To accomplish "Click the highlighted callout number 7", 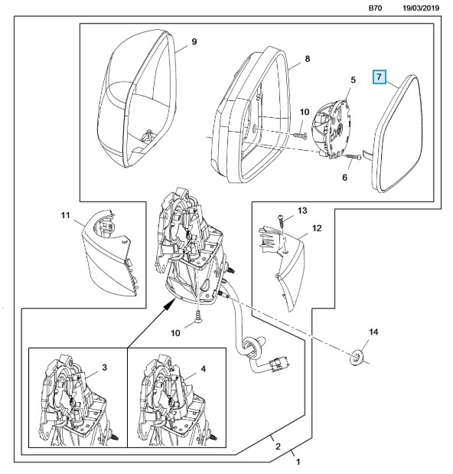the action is click(x=380, y=77).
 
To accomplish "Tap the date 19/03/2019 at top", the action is click(x=421, y=8).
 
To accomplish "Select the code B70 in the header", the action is click(x=376, y=8).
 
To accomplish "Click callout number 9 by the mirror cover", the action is click(x=194, y=41).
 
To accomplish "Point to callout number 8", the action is click(x=307, y=59).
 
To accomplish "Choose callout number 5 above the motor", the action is click(x=353, y=80).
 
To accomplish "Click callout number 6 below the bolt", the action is click(x=344, y=178).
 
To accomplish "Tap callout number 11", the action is click(x=65, y=215).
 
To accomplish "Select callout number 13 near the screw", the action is click(x=302, y=211).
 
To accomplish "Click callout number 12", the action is click(x=317, y=228).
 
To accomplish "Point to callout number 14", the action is click(x=373, y=332).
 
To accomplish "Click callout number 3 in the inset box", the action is click(x=104, y=368).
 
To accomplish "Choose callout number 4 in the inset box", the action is click(x=204, y=369).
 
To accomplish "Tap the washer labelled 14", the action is click(x=357, y=357).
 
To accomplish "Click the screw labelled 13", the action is click(x=282, y=223).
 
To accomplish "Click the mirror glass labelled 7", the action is click(x=396, y=133).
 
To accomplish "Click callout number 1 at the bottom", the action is click(x=298, y=462).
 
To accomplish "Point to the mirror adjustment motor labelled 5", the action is click(x=332, y=129).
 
